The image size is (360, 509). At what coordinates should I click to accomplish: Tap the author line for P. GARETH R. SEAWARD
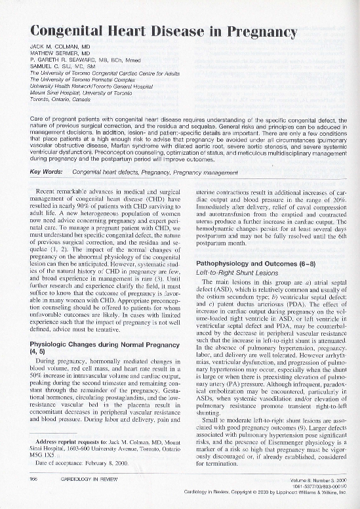pyautogui.click(x=81, y=61)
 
